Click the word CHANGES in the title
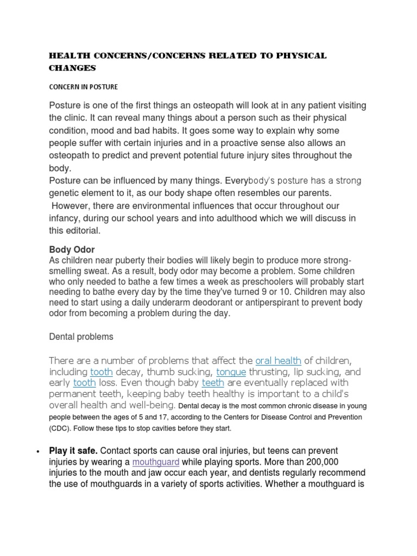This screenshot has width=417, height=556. click(72, 68)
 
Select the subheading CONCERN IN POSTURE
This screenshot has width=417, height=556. click(83, 87)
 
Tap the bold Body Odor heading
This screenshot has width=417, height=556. click(72, 250)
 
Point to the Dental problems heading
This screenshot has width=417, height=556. click(81, 337)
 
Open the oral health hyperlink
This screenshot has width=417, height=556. click(278, 361)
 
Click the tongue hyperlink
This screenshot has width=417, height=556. click(231, 372)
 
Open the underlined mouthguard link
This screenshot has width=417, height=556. click(156, 462)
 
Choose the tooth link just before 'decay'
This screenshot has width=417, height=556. click(102, 372)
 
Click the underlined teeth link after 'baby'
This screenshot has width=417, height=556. click(213, 383)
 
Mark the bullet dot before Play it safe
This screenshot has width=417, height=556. click(37, 452)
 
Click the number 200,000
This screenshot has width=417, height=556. click(332, 462)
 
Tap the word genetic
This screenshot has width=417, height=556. click(67, 193)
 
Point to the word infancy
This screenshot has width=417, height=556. click(65, 218)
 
